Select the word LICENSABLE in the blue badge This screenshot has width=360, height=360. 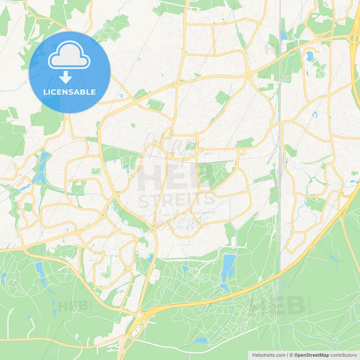click(x=69, y=92)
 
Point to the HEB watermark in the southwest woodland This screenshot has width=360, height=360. click(x=73, y=305)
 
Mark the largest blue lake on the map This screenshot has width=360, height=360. click(x=228, y=265)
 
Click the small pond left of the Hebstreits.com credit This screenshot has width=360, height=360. click(x=201, y=341)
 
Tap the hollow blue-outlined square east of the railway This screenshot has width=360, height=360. click(x=315, y=114)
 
